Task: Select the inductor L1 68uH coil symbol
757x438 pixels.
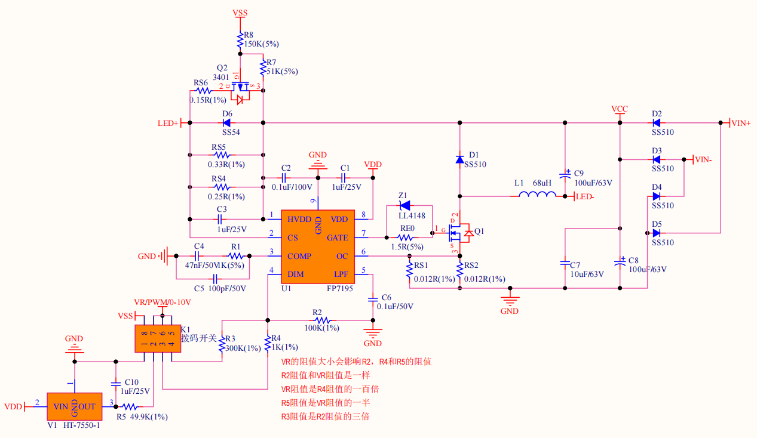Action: pyautogui.click(x=537, y=195)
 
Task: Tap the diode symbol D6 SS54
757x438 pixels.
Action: pyautogui.click(x=227, y=123)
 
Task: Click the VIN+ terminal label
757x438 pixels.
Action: pyautogui.click(x=740, y=123)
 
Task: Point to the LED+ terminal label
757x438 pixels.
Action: pyautogui.click(x=168, y=124)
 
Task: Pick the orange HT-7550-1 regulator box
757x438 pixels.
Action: pyautogui.click(x=75, y=407)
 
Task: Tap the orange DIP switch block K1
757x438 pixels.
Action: pyautogui.click(x=158, y=338)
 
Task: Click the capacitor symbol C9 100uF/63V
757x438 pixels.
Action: pyautogui.click(x=565, y=175)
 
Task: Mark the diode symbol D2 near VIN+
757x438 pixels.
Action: pyautogui.click(x=657, y=123)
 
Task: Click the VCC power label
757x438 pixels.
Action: pyautogui.click(x=620, y=109)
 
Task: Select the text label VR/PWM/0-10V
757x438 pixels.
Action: pyautogui.click(x=163, y=303)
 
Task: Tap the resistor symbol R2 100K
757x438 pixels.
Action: pyautogui.click(x=318, y=320)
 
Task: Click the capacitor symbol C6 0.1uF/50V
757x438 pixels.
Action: pyautogui.click(x=373, y=298)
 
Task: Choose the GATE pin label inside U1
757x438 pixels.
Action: pyautogui.click(x=338, y=237)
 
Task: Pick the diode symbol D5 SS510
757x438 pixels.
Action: pyautogui.click(x=657, y=233)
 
